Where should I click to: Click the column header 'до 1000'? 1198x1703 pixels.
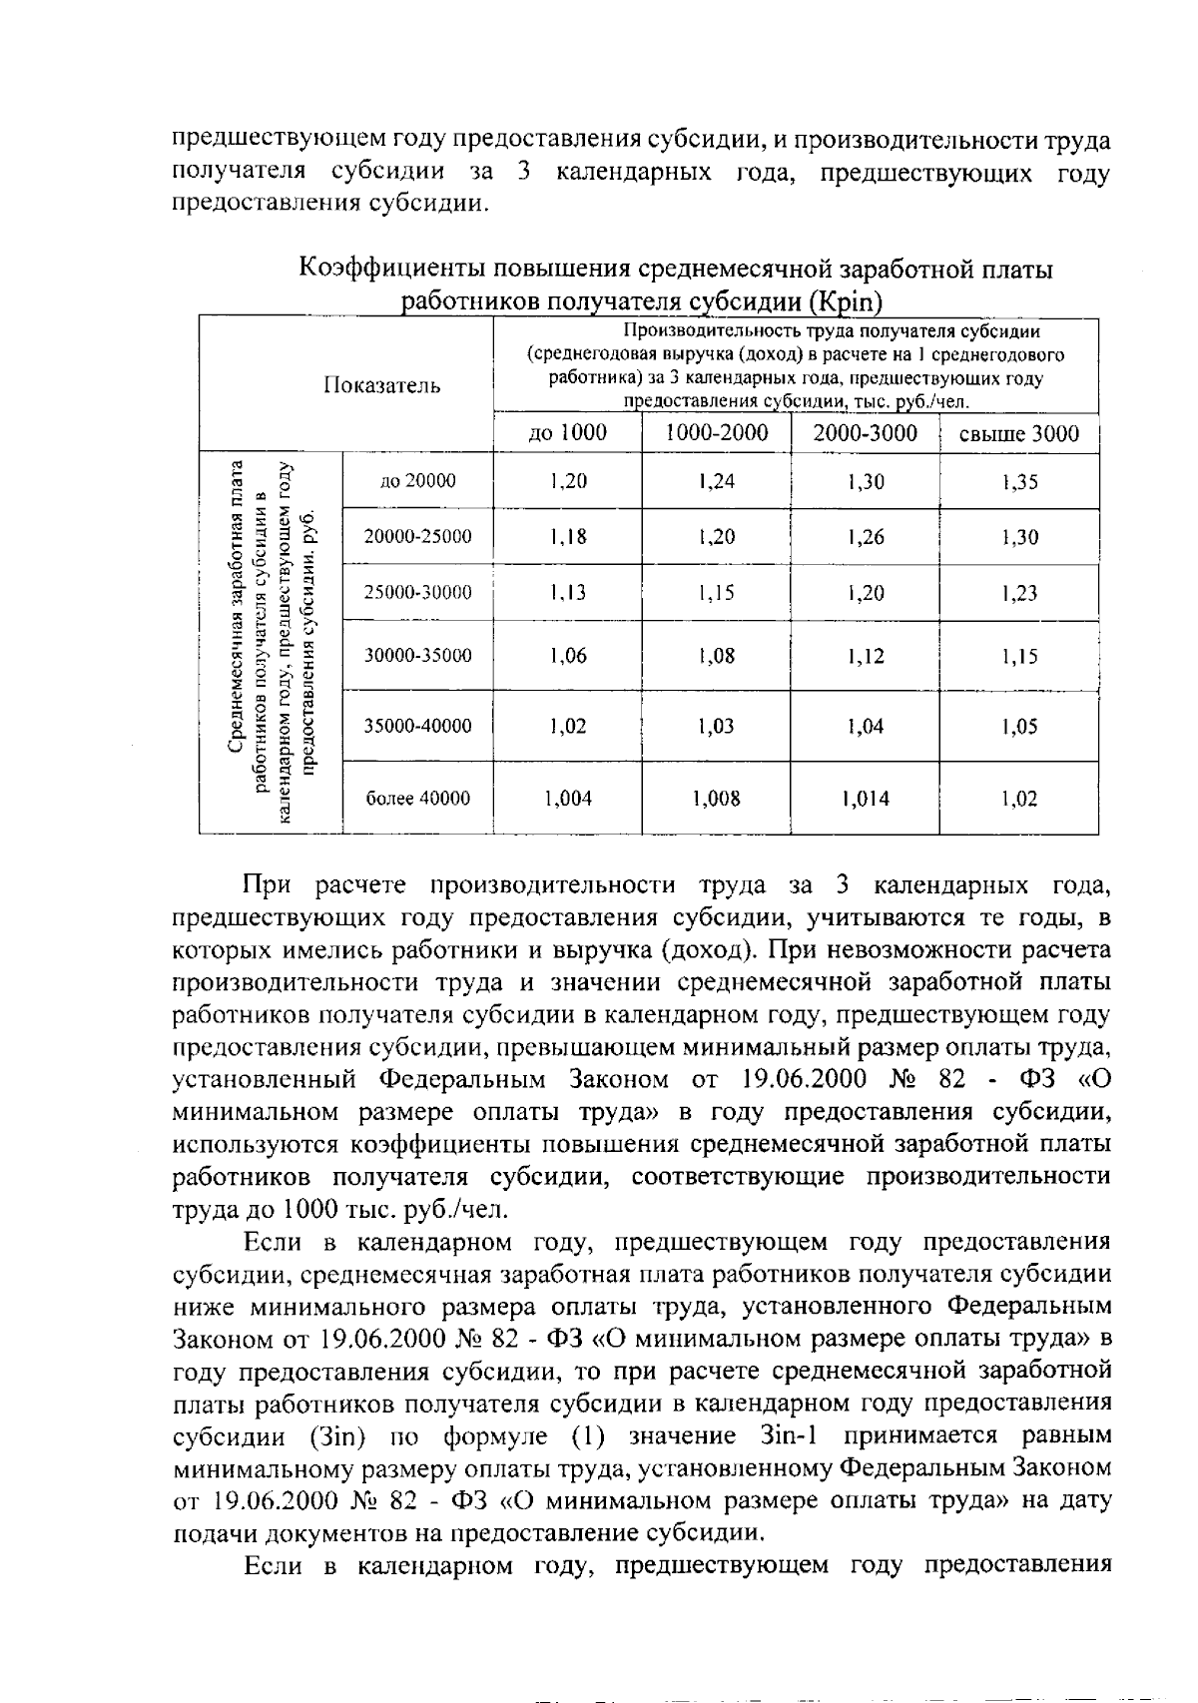567,433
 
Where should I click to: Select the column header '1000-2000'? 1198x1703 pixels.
716,433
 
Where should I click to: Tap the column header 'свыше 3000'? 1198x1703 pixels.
1018,434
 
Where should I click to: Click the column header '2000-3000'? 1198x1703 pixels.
865,433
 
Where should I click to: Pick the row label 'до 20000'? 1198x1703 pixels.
417,481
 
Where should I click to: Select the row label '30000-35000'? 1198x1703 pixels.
417,656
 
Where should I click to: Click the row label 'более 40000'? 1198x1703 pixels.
417,799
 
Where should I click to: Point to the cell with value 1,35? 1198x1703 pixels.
1018,482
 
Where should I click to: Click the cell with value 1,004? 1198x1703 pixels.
567,799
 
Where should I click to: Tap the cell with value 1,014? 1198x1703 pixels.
865,799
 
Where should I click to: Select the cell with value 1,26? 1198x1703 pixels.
865,537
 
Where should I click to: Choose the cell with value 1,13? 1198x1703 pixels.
567,593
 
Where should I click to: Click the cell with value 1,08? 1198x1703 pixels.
716,656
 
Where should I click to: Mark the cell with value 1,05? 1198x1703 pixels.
1018,727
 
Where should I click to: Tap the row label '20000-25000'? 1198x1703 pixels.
417,537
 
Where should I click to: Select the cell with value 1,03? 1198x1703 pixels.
716,727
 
